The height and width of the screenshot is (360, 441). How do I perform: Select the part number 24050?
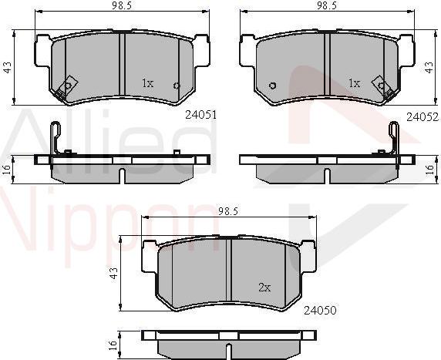point(320,310)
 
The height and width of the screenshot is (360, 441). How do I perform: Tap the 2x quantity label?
point(264,288)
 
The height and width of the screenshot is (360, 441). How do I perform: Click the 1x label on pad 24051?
point(148,83)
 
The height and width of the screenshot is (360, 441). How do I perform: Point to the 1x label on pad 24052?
point(354,83)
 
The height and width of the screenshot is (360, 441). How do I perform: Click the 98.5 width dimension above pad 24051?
point(122,6)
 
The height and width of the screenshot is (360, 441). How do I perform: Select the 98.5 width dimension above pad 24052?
point(327,6)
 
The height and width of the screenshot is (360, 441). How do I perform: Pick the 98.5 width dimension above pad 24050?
point(228,211)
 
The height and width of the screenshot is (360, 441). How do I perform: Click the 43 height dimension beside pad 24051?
point(8,68)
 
